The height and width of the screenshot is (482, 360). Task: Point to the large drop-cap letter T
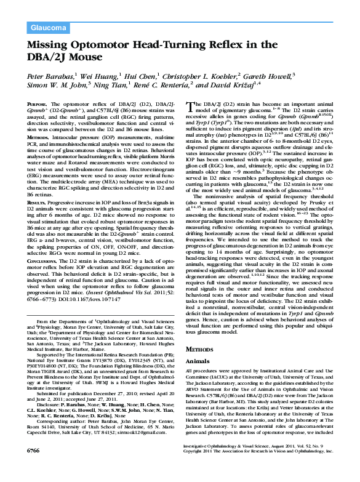coord(190,107)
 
